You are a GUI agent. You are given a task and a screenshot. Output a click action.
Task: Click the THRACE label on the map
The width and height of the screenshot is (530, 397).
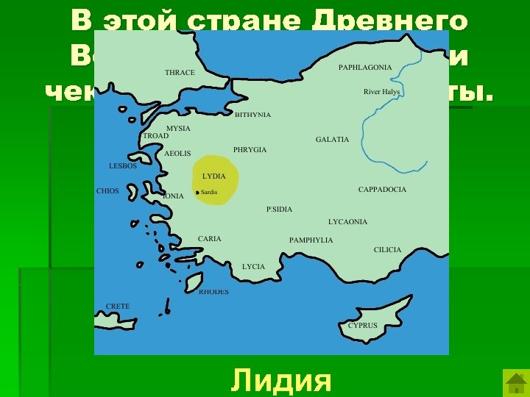(x=180, y=73)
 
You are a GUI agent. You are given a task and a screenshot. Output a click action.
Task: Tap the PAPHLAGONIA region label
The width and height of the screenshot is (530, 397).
(x=365, y=68)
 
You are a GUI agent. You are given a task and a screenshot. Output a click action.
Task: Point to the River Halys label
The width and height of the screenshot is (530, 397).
(x=382, y=92)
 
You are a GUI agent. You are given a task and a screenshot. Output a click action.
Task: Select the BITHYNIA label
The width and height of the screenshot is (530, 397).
(x=252, y=115)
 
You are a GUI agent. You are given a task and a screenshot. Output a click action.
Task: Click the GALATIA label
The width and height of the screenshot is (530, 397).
(x=332, y=140)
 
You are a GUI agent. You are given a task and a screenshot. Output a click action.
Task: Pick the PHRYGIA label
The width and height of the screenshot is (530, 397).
(x=250, y=150)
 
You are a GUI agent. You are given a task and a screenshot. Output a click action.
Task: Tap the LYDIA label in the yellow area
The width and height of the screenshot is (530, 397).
(x=214, y=176)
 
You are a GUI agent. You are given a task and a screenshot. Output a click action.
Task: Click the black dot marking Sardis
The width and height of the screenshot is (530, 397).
(x=197, y=193)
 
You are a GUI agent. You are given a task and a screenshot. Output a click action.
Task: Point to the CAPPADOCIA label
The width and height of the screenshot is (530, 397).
(x=382, y=190)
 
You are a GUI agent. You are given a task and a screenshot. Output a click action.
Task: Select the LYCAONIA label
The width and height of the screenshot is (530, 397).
(x=347, y=222)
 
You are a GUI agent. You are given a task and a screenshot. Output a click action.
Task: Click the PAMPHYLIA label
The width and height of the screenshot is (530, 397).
(x=311, y=240)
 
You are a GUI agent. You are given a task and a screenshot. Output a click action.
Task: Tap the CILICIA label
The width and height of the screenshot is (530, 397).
(x=387, y=250)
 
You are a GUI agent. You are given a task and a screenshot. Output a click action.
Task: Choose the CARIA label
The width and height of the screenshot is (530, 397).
(x=209, y=239)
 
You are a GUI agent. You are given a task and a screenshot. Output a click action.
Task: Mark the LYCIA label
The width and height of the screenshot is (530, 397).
(x=253, y=266)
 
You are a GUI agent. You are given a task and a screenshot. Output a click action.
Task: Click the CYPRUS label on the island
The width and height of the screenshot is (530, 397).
(x=362, y=325)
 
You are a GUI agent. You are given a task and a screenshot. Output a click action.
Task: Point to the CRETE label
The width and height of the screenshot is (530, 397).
(x=118, y=307)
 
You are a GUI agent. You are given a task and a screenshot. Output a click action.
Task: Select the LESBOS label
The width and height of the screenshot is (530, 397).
(x=123, y=166)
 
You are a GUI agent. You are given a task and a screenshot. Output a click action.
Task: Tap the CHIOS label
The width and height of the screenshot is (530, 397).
(x=107, y=191)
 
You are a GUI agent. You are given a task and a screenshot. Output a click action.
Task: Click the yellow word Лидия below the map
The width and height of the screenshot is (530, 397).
(x=281, y=381)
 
